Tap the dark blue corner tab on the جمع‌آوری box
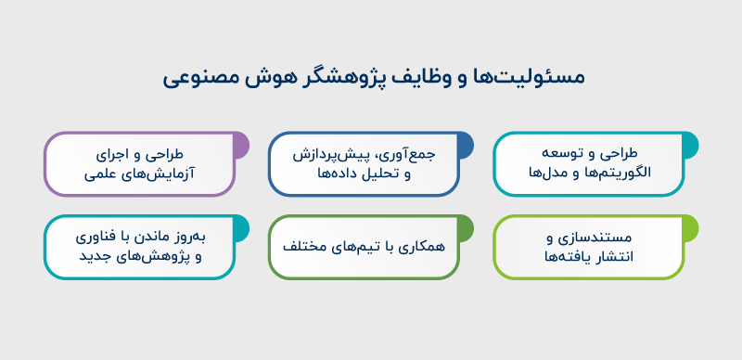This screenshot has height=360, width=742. tap(464, 145)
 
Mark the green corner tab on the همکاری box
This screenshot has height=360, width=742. tap(464, 228)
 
